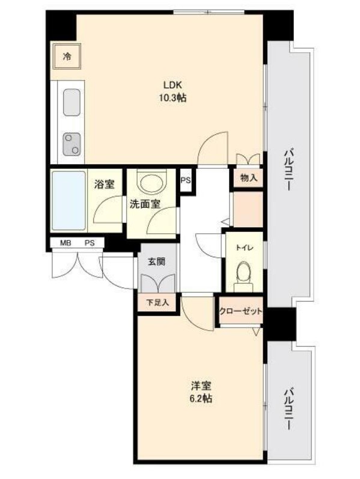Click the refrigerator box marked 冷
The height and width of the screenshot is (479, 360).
pos(67,56)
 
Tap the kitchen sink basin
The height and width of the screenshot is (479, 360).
pos(72,102)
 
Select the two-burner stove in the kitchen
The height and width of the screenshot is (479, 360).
pos(72,144)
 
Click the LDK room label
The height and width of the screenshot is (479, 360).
pos(173,84)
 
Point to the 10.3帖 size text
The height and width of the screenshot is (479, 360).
pos(172,98)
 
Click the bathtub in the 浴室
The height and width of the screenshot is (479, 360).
pos(69,200)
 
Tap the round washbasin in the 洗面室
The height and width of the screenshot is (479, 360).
pos(152,183)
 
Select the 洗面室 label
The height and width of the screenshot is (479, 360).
pos(145,204)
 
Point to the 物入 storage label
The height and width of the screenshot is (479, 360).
pos(249,178)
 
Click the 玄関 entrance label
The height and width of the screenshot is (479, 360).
pos(156,261)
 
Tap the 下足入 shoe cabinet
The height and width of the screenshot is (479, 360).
pos(157,302)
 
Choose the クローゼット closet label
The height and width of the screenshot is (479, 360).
pos(241,311)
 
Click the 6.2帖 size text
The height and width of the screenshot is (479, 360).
pos(202,398)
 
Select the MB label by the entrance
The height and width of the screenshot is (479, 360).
pos(66,243)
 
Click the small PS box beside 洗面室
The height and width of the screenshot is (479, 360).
pos(186,180)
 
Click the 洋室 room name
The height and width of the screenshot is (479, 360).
pos(201,386)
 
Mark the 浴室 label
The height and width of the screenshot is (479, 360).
pos(104,184)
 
